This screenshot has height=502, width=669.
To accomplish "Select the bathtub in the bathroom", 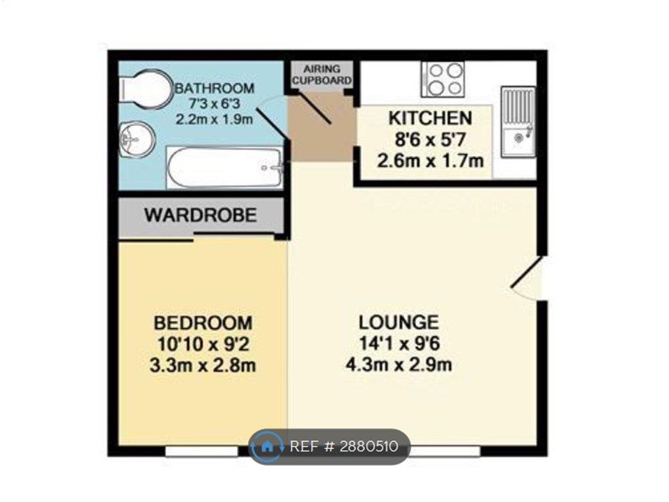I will point(224,167).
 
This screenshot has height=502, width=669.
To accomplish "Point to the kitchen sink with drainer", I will point(518,123).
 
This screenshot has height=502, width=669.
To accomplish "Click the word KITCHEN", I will point(429,118).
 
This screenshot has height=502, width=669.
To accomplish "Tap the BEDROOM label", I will point(203,323).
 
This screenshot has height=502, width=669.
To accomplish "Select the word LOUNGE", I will point(399,322).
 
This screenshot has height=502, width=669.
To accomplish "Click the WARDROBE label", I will point(201,215).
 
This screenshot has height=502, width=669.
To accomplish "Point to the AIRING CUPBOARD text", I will point(321,75).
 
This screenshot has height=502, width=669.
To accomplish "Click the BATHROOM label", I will point(214,89).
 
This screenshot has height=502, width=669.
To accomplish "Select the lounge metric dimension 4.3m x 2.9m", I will point(399,364).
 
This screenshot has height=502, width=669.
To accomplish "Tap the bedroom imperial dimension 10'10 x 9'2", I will point(203,344).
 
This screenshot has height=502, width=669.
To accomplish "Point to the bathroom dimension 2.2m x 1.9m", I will point(213,119).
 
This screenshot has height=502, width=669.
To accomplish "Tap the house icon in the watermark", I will point(268,446).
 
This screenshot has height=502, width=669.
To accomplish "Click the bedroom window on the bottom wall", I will point(201,452).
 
